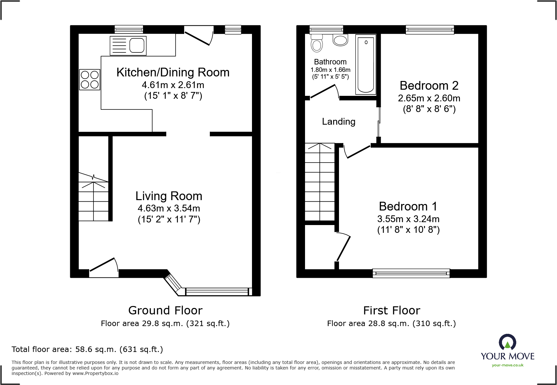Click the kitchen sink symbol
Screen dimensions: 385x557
tap(128, 45)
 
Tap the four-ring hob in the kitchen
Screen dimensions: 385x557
tap(90, 80)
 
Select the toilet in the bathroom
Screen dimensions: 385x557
tap(317, 43)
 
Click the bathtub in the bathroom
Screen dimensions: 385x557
tap(366, 64)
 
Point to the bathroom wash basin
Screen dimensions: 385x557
tap(340, 40)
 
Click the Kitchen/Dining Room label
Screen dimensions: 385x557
tap(173, 72)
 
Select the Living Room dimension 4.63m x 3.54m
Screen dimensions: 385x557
tap(169, 208)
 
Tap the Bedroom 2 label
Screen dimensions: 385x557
tap(429, 85)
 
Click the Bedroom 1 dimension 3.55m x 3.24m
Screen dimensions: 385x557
tap(408, 219)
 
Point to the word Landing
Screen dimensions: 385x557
tap(338, 121)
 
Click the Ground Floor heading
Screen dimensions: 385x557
tap(165, 310)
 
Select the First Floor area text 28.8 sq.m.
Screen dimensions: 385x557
tap(391, 323)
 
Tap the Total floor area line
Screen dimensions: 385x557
tap(87, 349)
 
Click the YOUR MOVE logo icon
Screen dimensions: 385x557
tap(507, 342)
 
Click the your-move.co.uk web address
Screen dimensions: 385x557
tap(507, 365)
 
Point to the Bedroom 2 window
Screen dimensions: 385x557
tap(430, 30)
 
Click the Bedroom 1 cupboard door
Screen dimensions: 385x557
tap(344, 248)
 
